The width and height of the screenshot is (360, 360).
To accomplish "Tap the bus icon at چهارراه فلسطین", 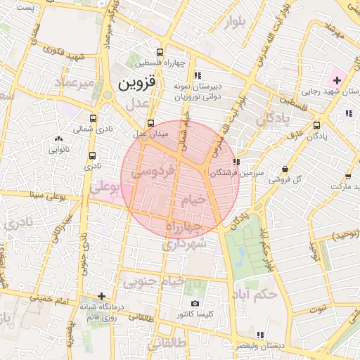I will coord(160,52).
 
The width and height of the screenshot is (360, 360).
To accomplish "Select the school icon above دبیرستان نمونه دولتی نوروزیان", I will coord(198,75).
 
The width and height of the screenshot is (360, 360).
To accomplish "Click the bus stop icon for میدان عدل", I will coord(150,123).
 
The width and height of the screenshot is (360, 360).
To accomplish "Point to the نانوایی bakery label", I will coord(58,148).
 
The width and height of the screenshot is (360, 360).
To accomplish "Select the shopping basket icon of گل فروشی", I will coord(284,169).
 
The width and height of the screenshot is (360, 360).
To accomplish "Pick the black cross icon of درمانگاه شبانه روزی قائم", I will coord(102,296).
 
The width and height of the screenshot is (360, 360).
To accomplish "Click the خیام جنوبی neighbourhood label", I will coord(154,282).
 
